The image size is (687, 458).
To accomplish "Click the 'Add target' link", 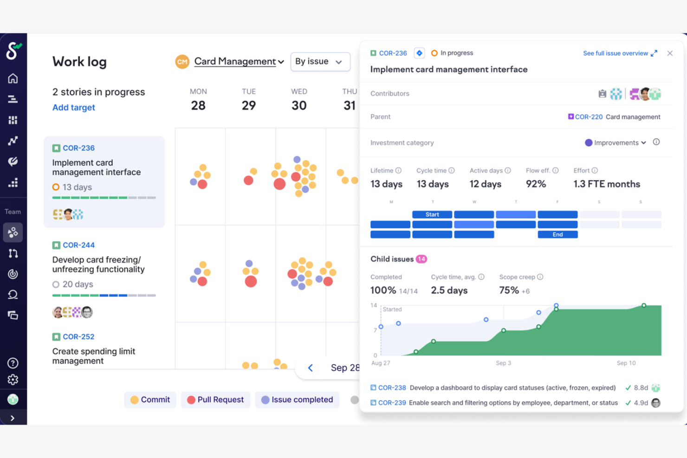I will click(73, 108).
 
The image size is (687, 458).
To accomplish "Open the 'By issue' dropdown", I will click(320, 62).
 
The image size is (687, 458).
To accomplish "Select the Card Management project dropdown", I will click(238, 61).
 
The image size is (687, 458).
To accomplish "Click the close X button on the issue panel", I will click(669, 53).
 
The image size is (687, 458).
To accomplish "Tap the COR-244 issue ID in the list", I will click(78, 245).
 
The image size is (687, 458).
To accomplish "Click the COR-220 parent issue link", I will click(588, 117).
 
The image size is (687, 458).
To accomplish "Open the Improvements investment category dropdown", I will click(616, 143).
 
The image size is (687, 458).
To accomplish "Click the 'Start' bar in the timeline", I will click(432, 214).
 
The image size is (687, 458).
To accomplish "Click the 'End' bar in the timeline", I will click(557, 234).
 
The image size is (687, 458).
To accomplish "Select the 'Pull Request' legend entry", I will click(215, 400).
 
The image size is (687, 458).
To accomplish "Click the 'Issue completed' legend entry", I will click(297, 400).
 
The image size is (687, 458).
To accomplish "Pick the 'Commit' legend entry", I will click(150, 400).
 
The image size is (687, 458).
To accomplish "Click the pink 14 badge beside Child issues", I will click(421, 259).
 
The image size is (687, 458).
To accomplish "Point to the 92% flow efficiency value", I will click(536, 184).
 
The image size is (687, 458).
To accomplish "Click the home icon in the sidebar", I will click(13, 78).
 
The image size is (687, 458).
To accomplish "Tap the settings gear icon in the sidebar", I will click(13, 380).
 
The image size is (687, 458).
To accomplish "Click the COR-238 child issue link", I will click(392, 388).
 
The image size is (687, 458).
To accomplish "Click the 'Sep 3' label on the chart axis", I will click(503, 363).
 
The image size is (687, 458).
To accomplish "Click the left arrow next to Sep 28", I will click(311, 368).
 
